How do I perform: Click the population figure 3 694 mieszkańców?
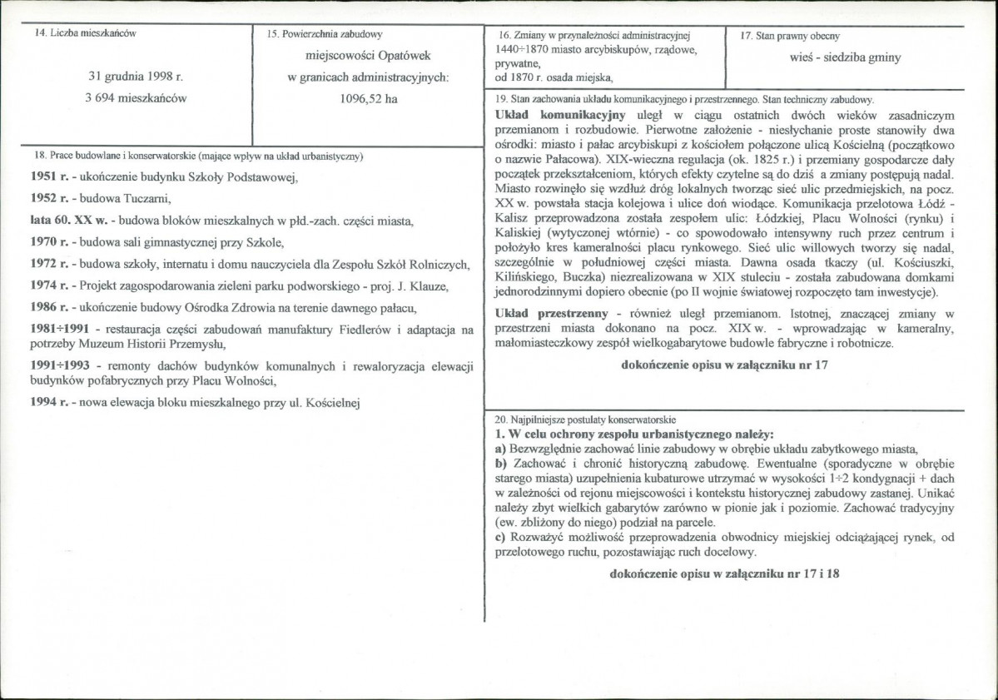(137, 98)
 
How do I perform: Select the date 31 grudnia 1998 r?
(136, 77)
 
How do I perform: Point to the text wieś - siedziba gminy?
(845, 58)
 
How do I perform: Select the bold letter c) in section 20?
(500, 537)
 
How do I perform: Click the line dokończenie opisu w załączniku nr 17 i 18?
(725, 574)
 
